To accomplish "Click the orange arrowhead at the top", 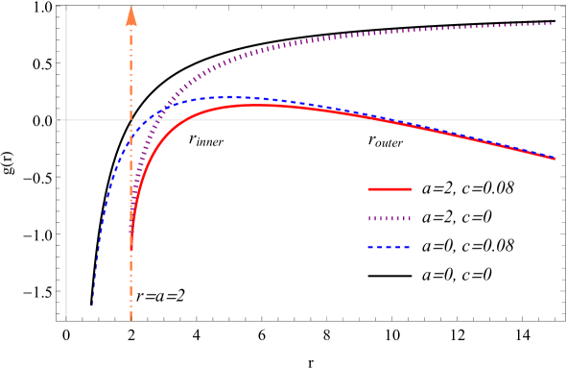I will (131, 14).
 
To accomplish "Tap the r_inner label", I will (206, 139).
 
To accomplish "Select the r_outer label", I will (386, 140).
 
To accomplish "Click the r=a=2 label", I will (160, 296).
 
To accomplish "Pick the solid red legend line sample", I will (390, 189).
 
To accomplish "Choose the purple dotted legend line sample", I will (390, 219).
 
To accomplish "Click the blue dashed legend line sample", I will (390, 248).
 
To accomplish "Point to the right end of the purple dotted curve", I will (553, 22).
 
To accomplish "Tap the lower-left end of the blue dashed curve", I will (93, 305).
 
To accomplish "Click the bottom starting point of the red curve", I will (131, 251).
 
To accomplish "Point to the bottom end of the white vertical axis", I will (65, 319).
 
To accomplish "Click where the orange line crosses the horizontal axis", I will (131, 120).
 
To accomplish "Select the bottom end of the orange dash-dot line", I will (131, 319).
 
